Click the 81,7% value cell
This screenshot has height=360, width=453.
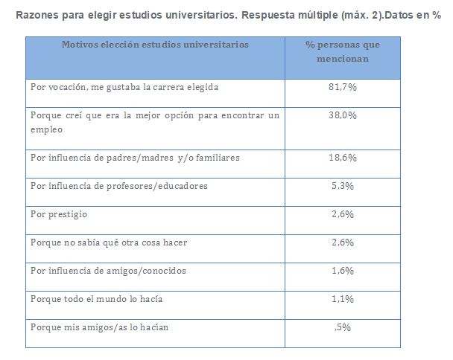(343, 88)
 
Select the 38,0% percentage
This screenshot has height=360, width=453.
(343, 116)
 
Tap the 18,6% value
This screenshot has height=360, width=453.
(343, 158)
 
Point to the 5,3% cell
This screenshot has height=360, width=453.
(343, 186)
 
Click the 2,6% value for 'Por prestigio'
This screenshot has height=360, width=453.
(343, 214)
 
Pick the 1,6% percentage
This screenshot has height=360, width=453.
(343, 271)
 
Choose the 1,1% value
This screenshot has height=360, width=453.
(343, 298)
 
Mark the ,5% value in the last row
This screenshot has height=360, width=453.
(343, 327)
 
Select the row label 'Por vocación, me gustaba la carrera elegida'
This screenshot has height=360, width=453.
(124, 88)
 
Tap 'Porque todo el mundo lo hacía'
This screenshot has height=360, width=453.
(97, 298)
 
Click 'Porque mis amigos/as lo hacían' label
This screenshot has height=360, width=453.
(101, 327)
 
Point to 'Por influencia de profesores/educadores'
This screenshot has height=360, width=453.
(119, 186)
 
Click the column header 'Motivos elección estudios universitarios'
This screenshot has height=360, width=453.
(156, 45)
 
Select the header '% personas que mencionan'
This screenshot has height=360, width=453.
(343, 51)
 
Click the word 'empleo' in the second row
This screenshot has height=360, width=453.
(47, 129)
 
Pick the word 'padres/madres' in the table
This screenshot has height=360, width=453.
(142, 158)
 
